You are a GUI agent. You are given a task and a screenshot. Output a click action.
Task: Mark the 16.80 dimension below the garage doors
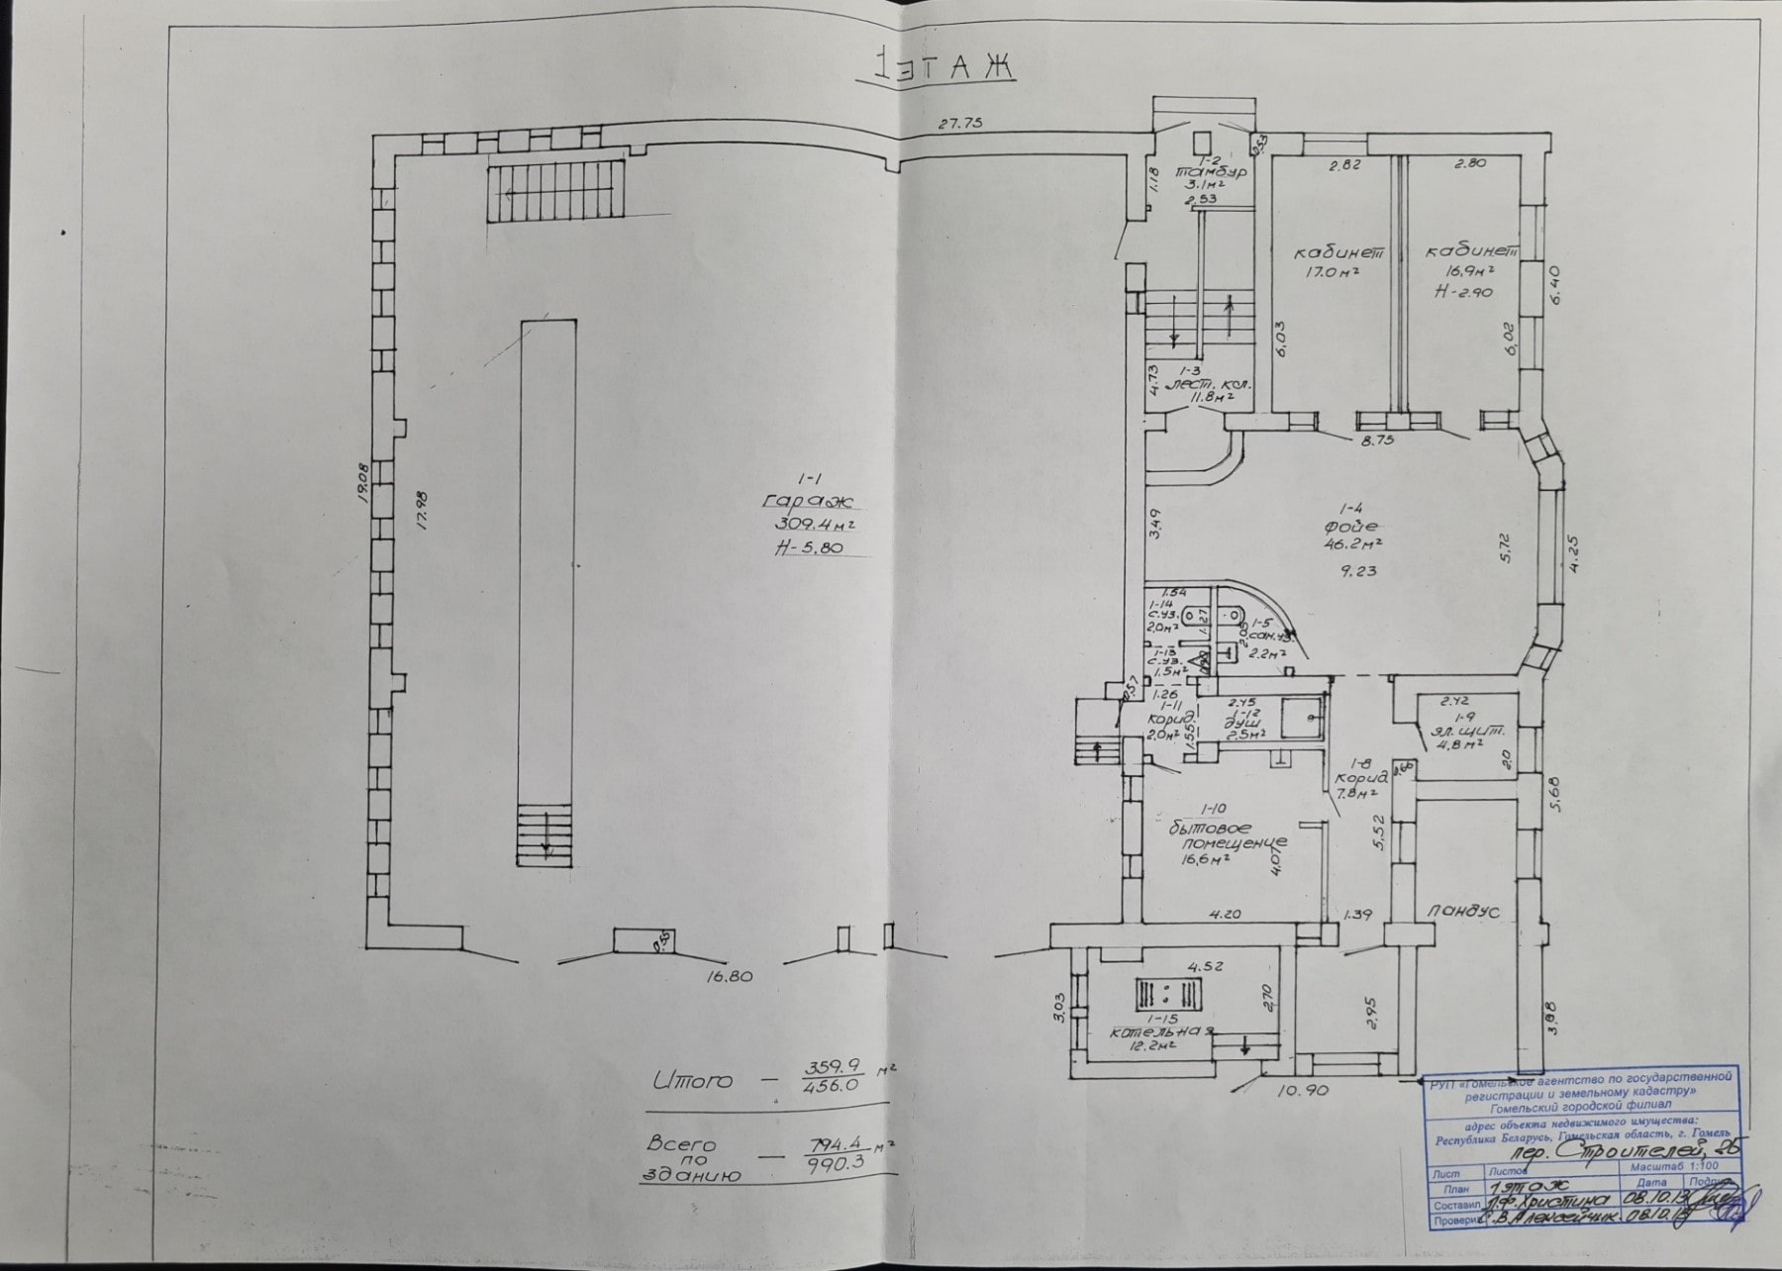pyautogui.click(x=731, y=976)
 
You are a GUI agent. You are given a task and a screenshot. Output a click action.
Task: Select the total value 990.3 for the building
pyautogui.click(x=836, y=1165)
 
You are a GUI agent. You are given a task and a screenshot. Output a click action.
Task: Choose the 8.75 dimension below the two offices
pyautogui.click(x=1376, y=441)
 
